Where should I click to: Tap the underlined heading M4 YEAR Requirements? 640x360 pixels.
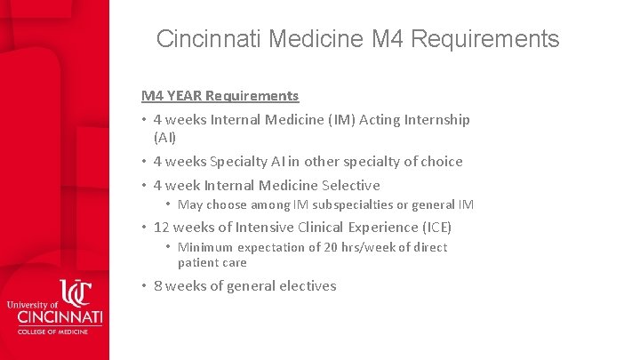pos(220,95)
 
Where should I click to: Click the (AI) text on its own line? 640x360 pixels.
pos(164,138)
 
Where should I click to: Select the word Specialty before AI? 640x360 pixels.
pos(239,161)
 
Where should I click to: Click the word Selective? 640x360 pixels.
pos(349,185)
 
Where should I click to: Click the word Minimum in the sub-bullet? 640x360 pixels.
pos(205,247)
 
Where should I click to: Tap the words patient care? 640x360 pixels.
pos(212,262)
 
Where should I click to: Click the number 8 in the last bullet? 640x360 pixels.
pos(157,285)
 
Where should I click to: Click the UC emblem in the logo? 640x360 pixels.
pos(76,294)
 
